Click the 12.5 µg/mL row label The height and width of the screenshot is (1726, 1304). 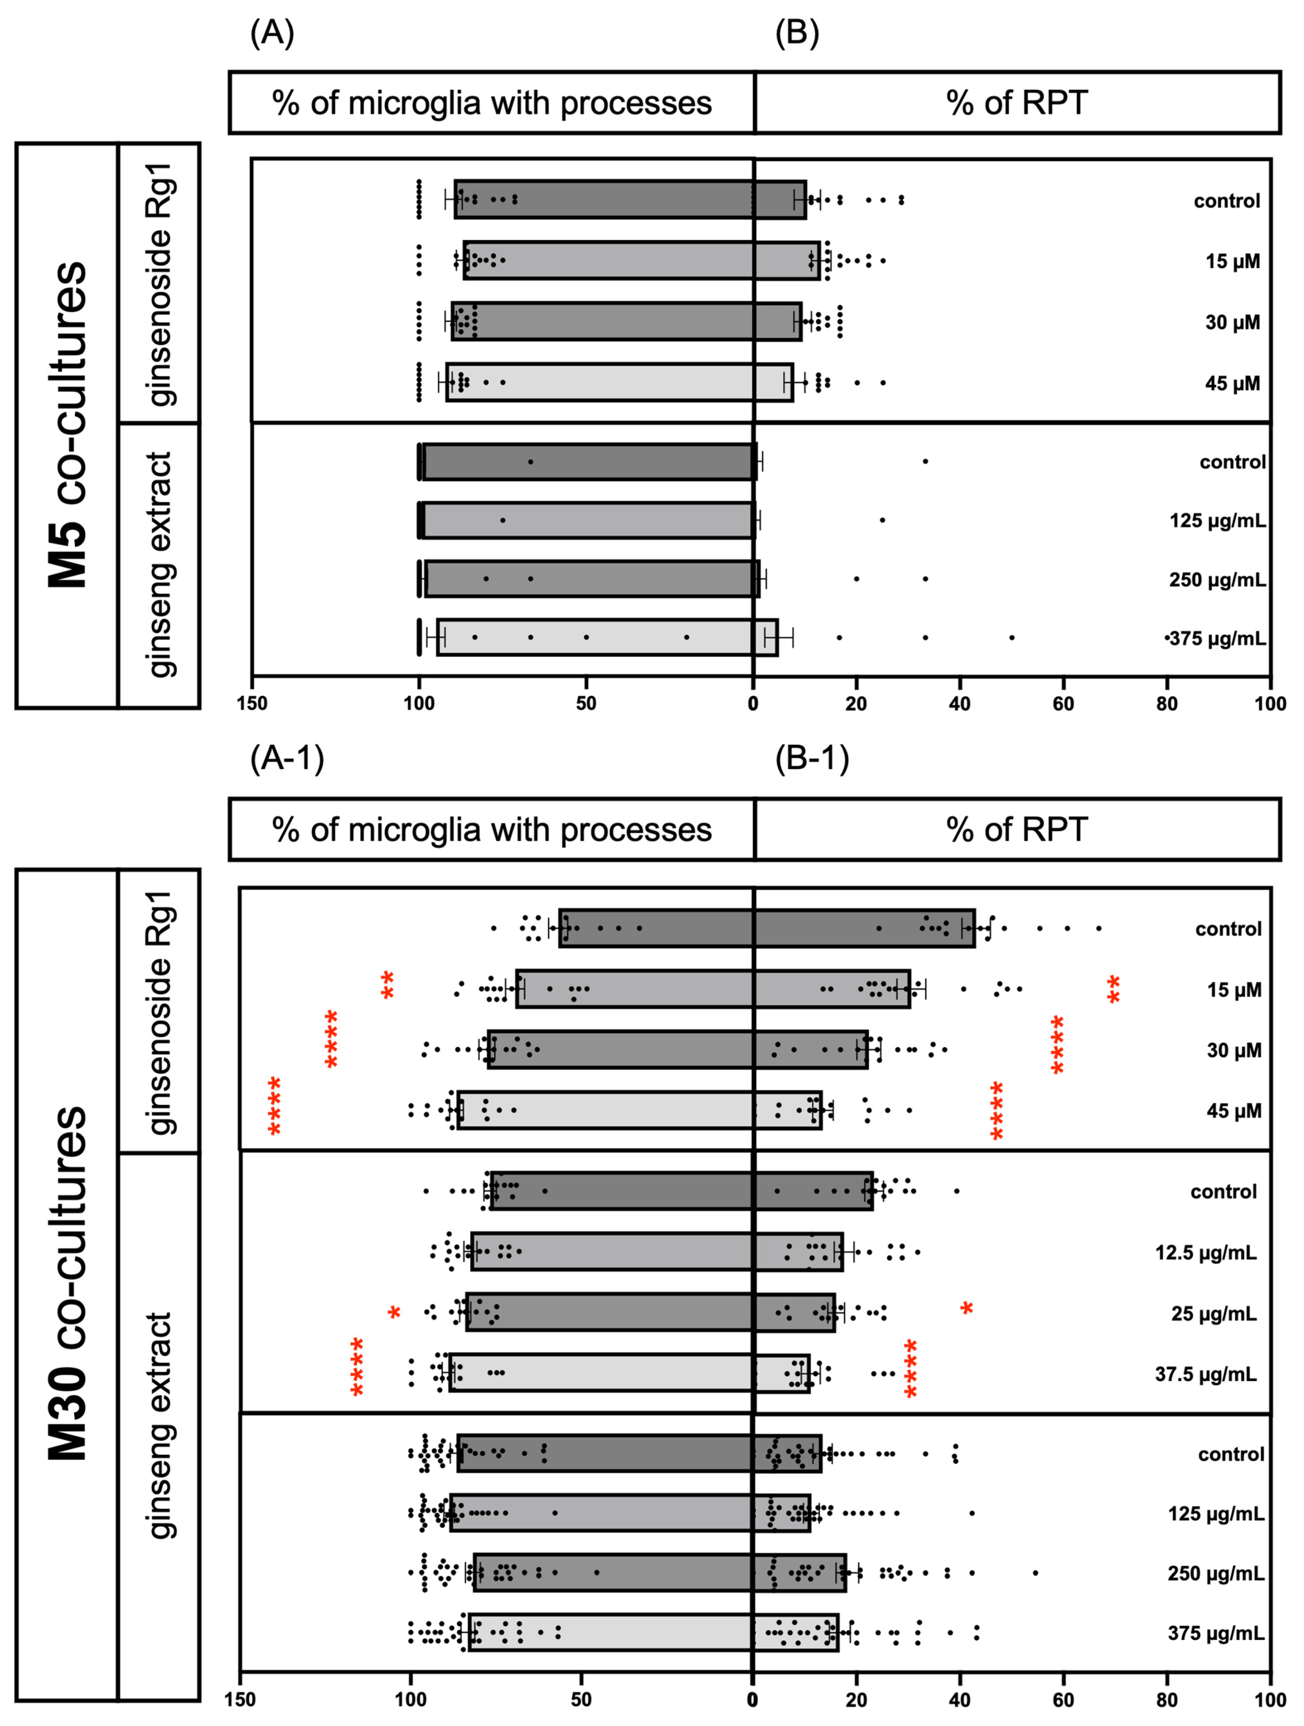[x=1206, y=1253]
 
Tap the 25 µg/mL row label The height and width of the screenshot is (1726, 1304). [x=1213, y=1314]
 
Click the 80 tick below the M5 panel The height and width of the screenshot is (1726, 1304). [x=1167, y=704]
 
